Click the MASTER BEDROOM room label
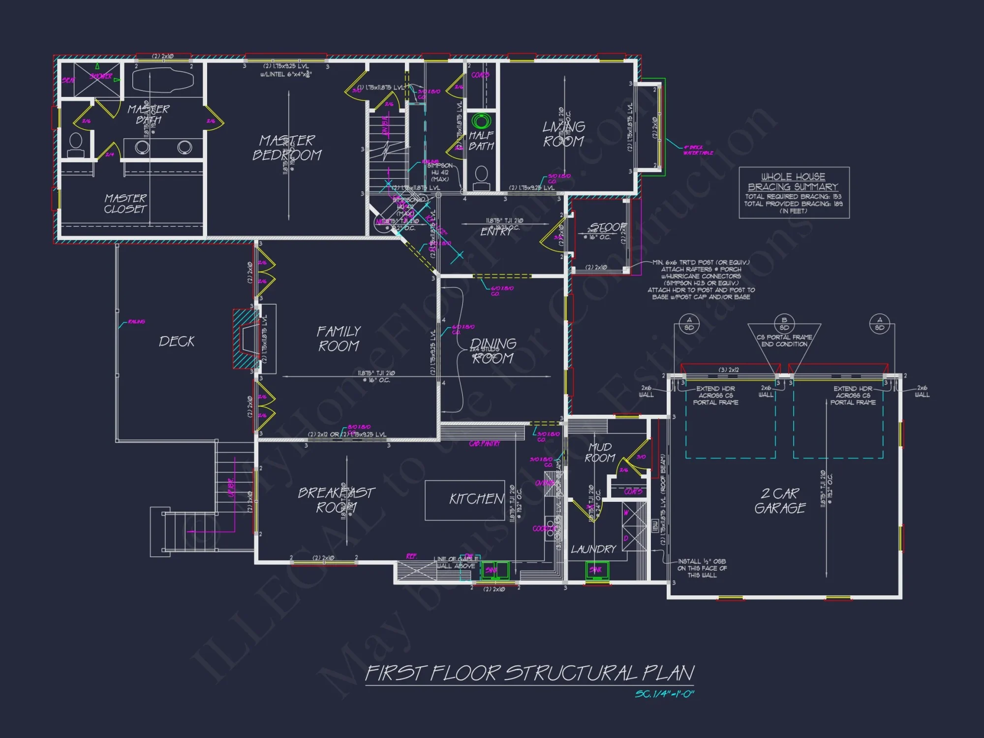[x=287, y=148]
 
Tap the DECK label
[x=177, y=341]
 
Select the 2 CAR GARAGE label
[x=780, y=500]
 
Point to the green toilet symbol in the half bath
[x=481, y=121]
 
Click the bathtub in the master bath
[x=163, y=80]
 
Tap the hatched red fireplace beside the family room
[x=245, y=338]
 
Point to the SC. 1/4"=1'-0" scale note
[x=664, y=694]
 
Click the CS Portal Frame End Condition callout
[x=784, y=340]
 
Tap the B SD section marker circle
[x=784, y=324]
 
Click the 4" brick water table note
[x=697, y=150]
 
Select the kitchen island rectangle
[x=464, y=500]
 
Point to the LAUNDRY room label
[x=593, y=549]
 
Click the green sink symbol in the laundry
[x=597, y=570]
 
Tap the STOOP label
[x=608, y=227]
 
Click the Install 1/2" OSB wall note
[x=702, y=568]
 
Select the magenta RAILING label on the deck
[x=136, y=321]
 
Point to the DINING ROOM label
[x=493, y=350]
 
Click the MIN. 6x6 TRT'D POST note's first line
[x=701, y=262]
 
